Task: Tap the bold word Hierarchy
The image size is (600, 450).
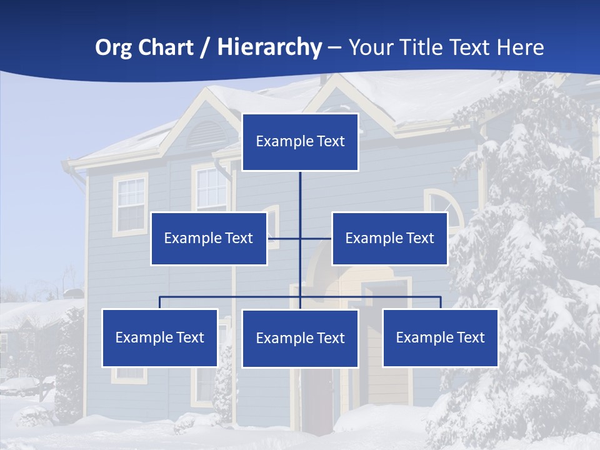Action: click(269, 47)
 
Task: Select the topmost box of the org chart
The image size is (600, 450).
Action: click(300, 142)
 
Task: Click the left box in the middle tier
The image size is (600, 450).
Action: click(209, 238)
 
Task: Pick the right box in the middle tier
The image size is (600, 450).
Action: click(389, 238)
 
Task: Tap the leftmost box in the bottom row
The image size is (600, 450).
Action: click(160, 337)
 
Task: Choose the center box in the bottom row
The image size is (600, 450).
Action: click(300, 338)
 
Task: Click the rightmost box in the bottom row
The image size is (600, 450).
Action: click(440, 337)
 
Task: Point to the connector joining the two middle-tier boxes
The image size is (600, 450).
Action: click(316, 238)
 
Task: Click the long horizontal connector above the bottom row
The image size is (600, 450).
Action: click(231, 297)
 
